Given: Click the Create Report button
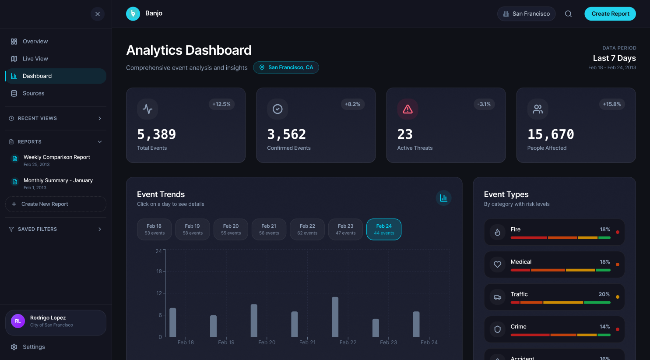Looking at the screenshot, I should (x=610, y=14).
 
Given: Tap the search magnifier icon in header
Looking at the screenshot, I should (x=568, y=14).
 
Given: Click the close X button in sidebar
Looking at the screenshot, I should (x=98, y=14).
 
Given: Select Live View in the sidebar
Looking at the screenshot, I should (x=35, y=59).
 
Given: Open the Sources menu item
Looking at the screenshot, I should (x=33, y=93).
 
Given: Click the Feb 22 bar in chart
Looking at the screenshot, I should (x=335, y=317).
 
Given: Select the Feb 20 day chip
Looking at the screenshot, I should (x=231, y=229).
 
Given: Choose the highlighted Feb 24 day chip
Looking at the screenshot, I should (x=384, y=229).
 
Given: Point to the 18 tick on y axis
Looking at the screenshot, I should (x=159, y=272).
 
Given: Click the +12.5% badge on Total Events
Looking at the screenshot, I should (x=221, y=104).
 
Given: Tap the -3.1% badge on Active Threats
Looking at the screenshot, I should (x=484, y=104).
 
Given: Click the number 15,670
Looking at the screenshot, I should (x=551, y=134).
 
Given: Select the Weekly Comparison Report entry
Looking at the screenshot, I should (x=56, y=157).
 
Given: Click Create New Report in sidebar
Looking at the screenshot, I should (x=45, y=204).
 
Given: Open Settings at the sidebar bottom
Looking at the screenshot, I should (x=34, y=347).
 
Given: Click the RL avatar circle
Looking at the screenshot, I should (x=18, y=321).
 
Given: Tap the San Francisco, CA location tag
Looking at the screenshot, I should (x=286, y=67).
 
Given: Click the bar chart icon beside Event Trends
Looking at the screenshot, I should (x=443, y=198).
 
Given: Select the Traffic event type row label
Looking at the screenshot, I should (x=519, y=294).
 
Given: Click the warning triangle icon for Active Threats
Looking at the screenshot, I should (x=408, y=109).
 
